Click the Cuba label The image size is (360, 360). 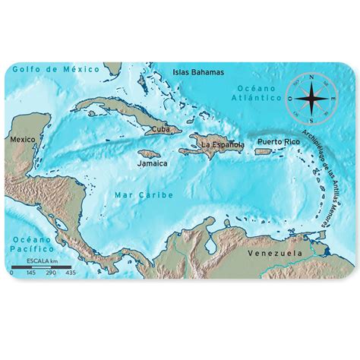160,129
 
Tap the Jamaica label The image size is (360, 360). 152,163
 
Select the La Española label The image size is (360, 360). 222,144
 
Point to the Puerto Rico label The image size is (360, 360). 277,142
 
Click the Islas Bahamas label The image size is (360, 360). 199,73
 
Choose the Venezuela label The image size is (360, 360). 280,253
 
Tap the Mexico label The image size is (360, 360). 22,140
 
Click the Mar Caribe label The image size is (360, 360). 144,195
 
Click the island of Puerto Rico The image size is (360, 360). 264,150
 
